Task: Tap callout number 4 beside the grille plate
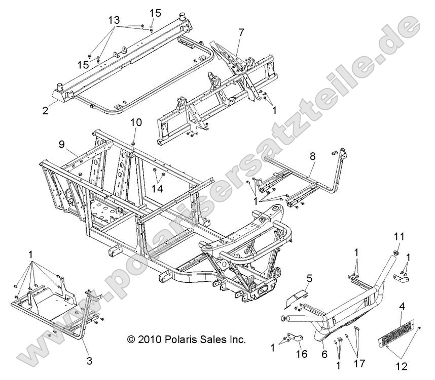[x=402, y=320]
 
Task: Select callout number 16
[x=302, y=354]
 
